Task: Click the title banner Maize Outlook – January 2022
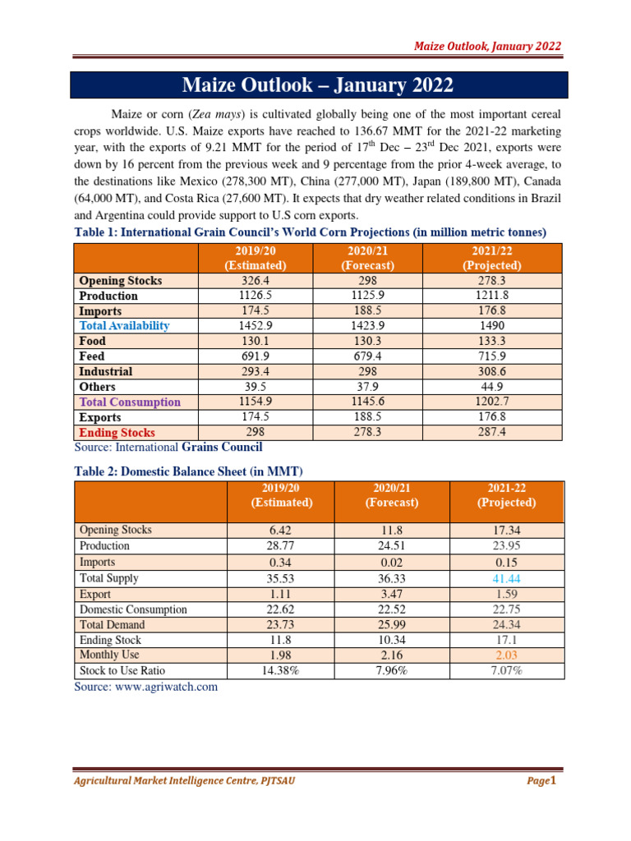coord(316,85)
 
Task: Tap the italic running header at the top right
coord(487,46)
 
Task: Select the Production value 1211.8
coord(492,296)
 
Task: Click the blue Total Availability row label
coord(124,326)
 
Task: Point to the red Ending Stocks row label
coord(117,432)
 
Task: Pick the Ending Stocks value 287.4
coord(492,432)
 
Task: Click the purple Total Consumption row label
coord(130,402)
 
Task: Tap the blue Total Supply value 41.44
coord(507,578)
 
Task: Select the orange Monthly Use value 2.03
coord(507,655)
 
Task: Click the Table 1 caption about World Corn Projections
coord(311,232)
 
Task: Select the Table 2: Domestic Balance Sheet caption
coord(189,471)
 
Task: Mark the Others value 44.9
coord(492,387)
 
